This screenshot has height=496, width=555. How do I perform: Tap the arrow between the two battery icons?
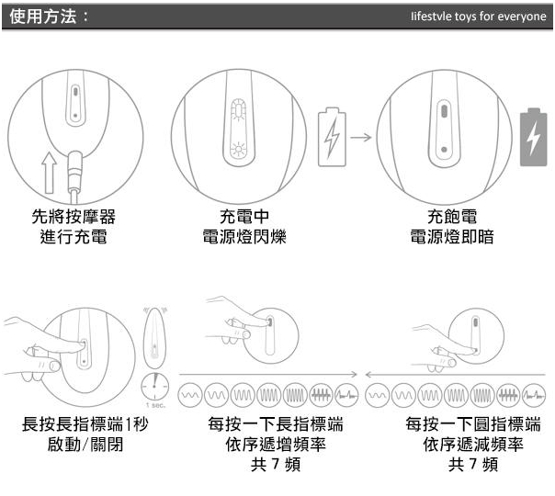point(360,139)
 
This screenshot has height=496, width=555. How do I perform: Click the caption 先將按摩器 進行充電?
point(74,227)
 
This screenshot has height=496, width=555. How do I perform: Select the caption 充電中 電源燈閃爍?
point(244,227)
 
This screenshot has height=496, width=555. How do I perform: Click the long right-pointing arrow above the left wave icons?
point(266,375)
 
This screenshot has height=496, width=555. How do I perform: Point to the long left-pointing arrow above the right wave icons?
point(455,375)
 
